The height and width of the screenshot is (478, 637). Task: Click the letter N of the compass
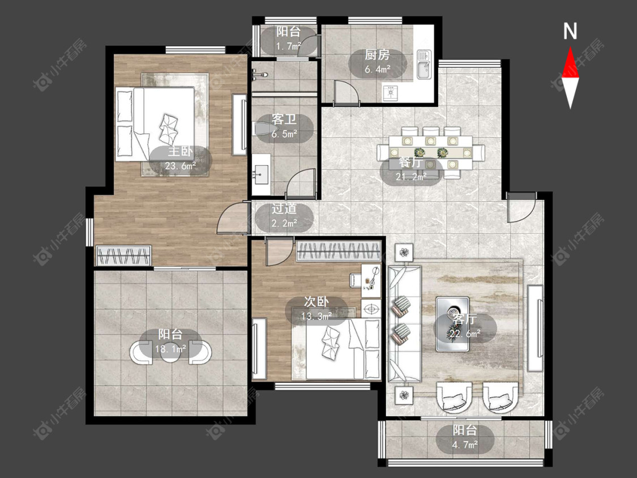[x=570, y=31]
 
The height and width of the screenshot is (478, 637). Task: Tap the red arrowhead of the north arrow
[x=570, y=62]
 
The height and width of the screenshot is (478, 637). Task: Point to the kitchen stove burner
[x=390, y=93]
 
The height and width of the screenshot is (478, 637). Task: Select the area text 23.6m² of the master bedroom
[x=181, y=166]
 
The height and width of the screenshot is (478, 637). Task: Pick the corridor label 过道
[x=284, y=209]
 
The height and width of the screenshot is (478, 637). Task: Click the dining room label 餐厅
[x=411, y=163]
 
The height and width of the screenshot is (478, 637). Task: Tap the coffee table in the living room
[x=452, y=324]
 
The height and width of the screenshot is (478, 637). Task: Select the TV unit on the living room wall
[x=535, y=328]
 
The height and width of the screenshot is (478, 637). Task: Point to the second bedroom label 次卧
[x=317, y=302]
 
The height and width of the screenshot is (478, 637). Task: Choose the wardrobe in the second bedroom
[x=339, y=251]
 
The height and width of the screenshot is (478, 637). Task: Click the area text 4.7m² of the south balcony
[x=465, y=445]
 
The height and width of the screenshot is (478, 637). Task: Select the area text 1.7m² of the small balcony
[x=289, y=46]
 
